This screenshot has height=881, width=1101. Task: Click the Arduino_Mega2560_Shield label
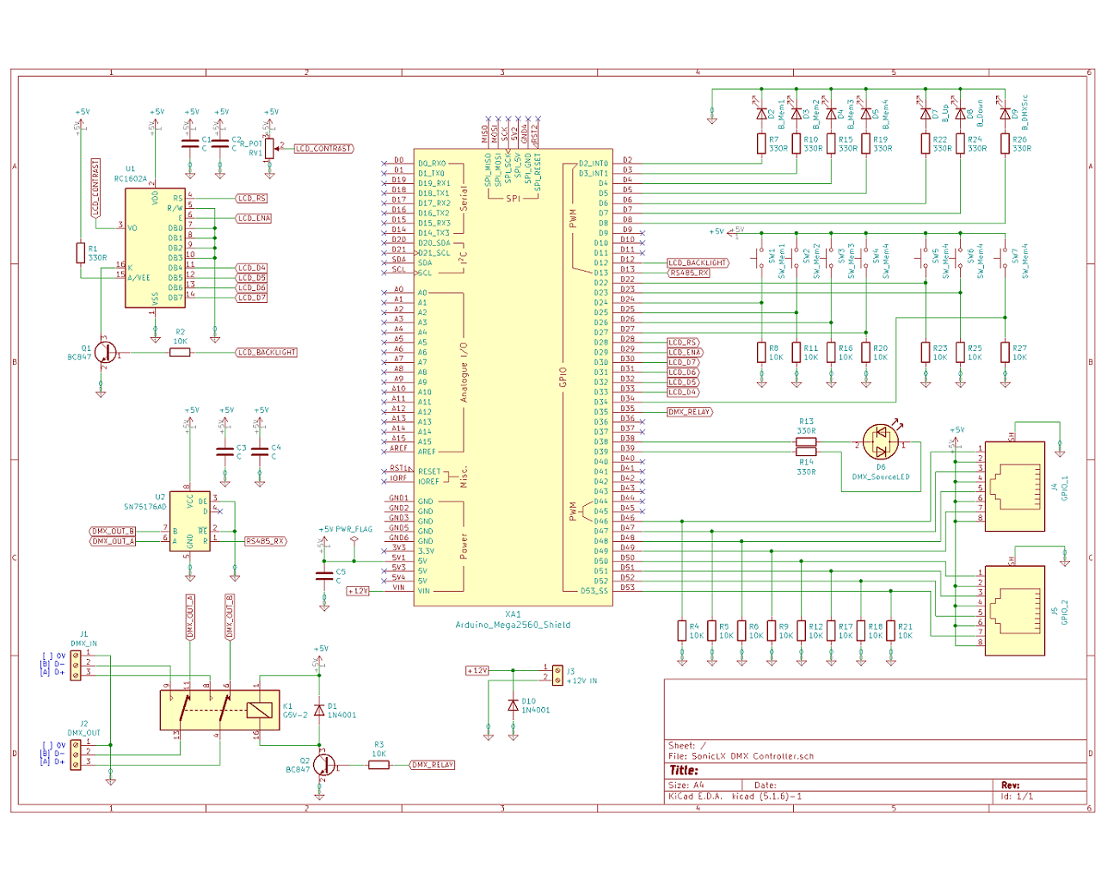pos(513,625)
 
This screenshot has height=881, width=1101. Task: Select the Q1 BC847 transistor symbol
pos(104,352)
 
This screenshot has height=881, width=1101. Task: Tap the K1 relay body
pos(219,710)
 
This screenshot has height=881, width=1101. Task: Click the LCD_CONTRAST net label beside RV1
pos(324,149)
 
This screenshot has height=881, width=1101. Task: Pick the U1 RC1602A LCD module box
pos(155,248)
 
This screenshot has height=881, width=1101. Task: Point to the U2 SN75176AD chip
pos(189,521)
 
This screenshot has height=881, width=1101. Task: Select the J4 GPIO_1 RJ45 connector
pos(1015,486)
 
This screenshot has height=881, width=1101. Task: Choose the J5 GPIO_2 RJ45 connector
pos(1015,611)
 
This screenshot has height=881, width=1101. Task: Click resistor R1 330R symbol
pos(80,253)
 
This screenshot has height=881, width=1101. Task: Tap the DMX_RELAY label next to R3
pos(433,765)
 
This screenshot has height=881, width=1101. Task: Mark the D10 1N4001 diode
pos(514,705)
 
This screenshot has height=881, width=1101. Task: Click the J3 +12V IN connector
pos(557,675)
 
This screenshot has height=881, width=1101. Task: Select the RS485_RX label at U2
pos(265,541)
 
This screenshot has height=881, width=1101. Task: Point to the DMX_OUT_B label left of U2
pos(113,531)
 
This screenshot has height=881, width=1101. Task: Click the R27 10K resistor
pos(1005,352)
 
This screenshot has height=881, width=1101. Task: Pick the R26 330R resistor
pos(1005,143)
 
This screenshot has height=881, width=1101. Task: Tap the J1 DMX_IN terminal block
pos(76,664)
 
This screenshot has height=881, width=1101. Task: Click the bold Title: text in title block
pos(685,770)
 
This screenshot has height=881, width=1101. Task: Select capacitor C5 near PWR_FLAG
pos(324,574)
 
